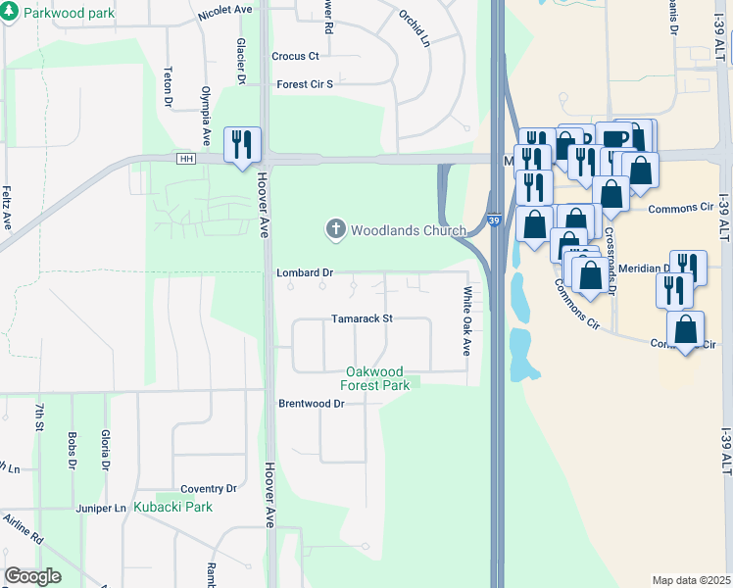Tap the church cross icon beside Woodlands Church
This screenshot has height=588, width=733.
(x=335, y=230)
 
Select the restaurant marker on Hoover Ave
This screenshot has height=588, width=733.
(x=240, y=145)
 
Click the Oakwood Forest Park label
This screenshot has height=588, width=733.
(x=377, y=378)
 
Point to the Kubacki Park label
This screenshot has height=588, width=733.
(x=173, y=507)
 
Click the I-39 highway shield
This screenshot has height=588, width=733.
(x=495, y=222)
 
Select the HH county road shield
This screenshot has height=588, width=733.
(x=186, y=159)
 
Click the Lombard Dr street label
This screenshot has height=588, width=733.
(x=306, y=272)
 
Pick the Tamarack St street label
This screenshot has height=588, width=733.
(x=362, y=318)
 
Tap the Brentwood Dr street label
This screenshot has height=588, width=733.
(x=312, y=404)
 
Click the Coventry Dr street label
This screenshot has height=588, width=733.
(x=210, y=488)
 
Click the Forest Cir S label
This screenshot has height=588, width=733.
(x=305, y=84)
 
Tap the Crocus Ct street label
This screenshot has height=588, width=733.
(x=296, y=57)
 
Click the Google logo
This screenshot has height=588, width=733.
(x=32, y=576)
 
